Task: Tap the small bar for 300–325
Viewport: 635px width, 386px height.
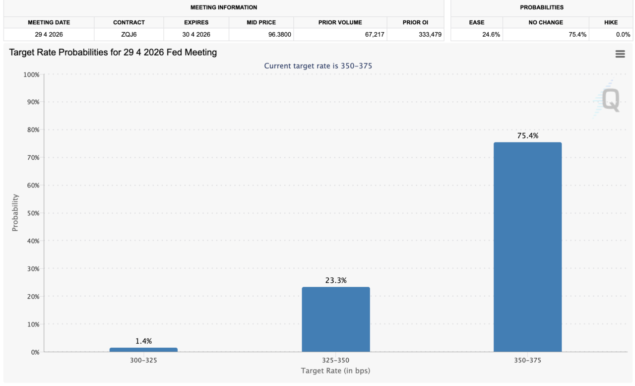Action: point(143,349)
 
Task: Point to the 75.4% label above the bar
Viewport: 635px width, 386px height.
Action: point(527,135)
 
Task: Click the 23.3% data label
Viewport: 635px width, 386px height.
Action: point(336,280)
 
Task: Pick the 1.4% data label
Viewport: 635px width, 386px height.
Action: point(143,341)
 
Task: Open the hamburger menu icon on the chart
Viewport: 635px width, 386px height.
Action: point(620,54)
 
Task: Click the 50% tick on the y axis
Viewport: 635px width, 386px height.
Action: point(32,213)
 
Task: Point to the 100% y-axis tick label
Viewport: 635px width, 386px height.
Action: point(31,74)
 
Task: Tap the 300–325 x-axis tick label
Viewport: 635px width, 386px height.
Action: point(143,361)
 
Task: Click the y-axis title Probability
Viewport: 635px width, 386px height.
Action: point(15,212)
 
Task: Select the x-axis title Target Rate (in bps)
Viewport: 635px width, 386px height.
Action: point(335,371)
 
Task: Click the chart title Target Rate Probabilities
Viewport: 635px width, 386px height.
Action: point(113,52)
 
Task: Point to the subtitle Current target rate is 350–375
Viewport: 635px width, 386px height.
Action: point(318,66)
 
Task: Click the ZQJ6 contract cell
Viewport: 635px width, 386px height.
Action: point(128,35)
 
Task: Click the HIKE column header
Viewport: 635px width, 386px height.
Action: point(611,22)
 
